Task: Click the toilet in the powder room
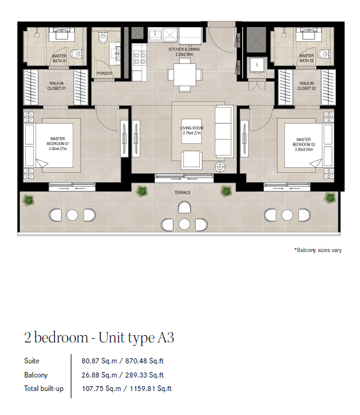pyautogui.click(x=103, y=37)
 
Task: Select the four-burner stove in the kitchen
pyautogui.click(x=140, y=58)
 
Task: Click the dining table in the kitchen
pyautogui.click(x=185, y=75)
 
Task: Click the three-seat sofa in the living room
pyautogui.click(x=224, y=132)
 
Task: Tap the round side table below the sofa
pyautogui.click(x=220, y=167)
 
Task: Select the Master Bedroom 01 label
pyautogui.click(x=58, y=144)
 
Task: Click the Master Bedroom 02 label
pyautogui.click(x=304, y=144)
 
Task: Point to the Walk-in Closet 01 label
pyautogui.click(x=56, y=85)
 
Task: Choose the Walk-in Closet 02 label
pyautogui.click(x=306, y=85)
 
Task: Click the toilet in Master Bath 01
pyautogui.click(x=76, y=54)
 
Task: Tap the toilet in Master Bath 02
pyautogui.click(x=324, y=54)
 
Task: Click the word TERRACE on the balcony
pyautogui.click(x=183, y=192)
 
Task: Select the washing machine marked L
pyautogui.click(x=257, y=65)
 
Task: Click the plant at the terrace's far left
pyautogui.click(x=28, y=200)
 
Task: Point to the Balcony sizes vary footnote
pyautogui.click(x=318, y=250)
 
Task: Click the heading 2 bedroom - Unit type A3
pyautogui.click(x=99, y=338)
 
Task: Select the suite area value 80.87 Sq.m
pyautogui.click(x=99, y=361)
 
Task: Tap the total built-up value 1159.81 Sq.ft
pyautogui.click(x=151, y=389)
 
